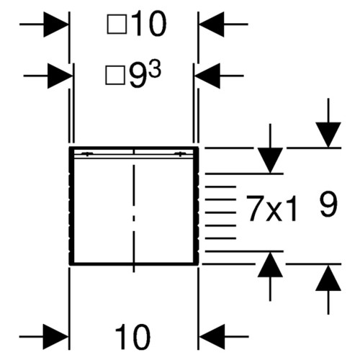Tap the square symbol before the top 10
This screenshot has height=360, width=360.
coord(117,24)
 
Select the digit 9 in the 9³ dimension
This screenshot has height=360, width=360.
coord(137,76)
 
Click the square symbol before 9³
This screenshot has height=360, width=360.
coord(115,76)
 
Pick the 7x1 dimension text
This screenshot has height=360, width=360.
coord(272,208)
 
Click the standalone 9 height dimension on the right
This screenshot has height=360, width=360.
coord(328,204)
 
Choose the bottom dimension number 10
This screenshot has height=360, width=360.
coord(132,337)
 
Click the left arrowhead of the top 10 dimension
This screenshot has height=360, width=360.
coord(56,24)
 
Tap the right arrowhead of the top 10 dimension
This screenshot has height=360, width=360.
coord(212,24)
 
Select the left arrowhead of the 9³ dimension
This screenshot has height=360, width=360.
coord(60,76)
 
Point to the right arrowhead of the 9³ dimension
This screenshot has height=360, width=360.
coord(207,76)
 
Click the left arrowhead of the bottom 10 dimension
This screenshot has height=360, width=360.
coord(56,337)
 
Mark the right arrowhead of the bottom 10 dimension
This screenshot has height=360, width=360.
coord(212,337)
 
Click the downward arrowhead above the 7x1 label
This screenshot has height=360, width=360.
coord(270,161)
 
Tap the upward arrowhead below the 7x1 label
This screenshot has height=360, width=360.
coord(270,264)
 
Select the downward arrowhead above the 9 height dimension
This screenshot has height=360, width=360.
coord(328,135)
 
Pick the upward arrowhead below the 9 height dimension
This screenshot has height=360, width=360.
coord(328,278)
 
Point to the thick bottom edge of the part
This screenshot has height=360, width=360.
coord(134,264)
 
